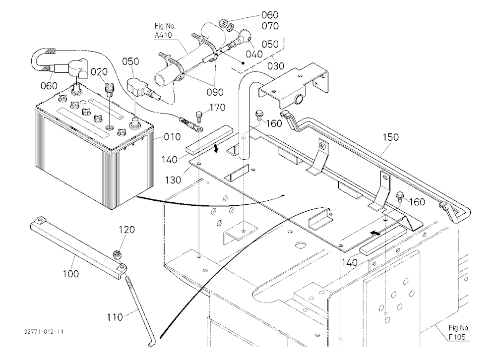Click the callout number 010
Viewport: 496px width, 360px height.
point(173,137)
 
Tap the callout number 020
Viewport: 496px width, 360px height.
point(99,72)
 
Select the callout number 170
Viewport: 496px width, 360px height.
point(217,108)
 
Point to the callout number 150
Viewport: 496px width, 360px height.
point(391,137)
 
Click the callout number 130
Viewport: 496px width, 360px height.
point(173,180)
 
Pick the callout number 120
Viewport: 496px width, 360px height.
point(126,230)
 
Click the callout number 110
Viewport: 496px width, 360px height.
point(115,317)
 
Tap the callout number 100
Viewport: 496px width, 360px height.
point(70,274)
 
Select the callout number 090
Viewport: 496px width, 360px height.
point(215,92)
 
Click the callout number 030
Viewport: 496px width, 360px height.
point(275,66)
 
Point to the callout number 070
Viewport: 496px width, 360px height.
point(270,26)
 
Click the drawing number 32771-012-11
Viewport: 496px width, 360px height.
point(44,332)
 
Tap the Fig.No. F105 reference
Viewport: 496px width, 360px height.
point(459,332)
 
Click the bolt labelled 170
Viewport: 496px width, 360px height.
point(199,116)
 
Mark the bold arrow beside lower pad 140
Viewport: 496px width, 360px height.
point(375,233)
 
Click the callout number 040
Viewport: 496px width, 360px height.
point(254,54)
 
